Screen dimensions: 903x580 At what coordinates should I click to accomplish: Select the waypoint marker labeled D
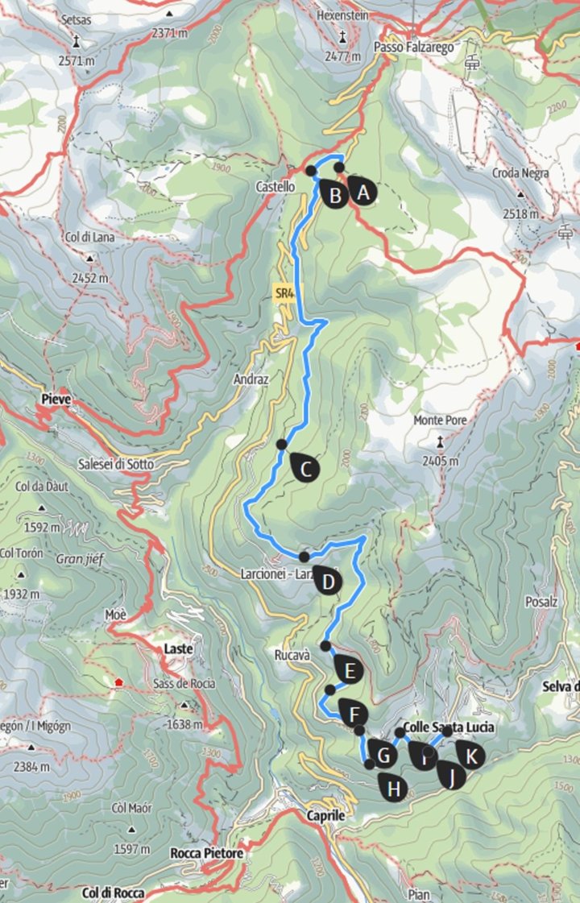coord(326,580)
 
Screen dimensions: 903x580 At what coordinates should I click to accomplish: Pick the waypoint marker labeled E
coord(348,669)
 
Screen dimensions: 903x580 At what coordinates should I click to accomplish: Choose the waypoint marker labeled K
coord(470,755)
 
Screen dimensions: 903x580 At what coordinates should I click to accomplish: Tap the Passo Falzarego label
coord(414,48)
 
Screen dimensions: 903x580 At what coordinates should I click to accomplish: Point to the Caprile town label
coord(325,815)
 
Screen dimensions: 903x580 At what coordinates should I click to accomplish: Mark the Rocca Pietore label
coord(206,852)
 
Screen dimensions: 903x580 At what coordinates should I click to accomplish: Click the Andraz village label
coord(250,377)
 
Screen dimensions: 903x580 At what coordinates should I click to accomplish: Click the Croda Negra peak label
coord(523,173)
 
